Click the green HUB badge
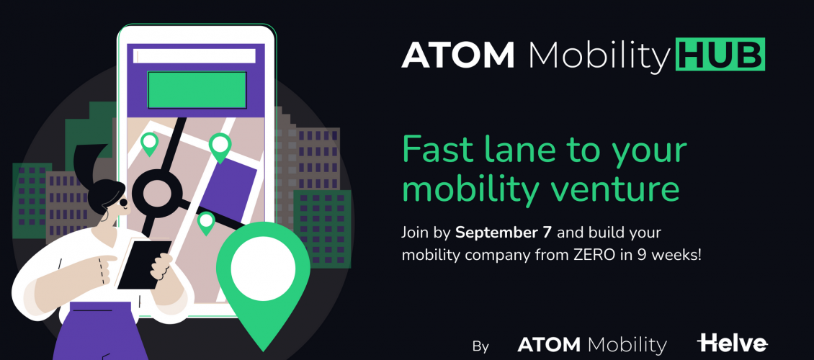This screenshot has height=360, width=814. click(x=720, y=54)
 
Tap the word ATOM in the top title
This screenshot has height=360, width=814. click(x=458, y=55)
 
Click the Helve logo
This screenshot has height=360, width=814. click(x=732, y=343)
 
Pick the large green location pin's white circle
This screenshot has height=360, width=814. click(x=263, y=270)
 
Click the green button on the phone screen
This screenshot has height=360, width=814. click(x=197, y=90)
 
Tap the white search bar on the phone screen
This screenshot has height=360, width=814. click(x=194, y=56)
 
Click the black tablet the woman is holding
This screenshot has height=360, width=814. click(x=144, y=264)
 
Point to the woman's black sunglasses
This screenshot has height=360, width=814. click(x=124, y=202)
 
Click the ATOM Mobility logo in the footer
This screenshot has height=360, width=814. click(x=592, y=345)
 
